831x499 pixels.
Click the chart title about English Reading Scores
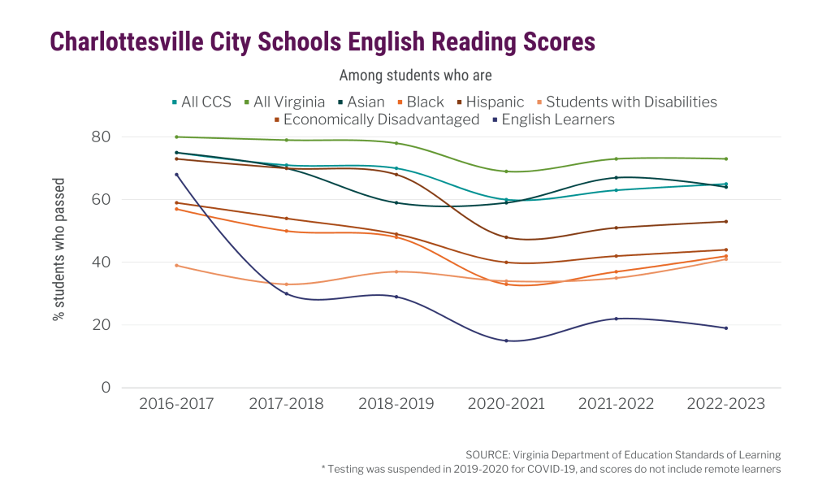[x=322, y=41]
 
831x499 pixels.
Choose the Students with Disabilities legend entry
[x=625, y=102]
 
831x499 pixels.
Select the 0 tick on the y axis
[x=105, y=388]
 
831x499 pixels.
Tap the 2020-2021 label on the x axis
[x=506, y=404]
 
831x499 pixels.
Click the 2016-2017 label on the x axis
[x=176, y=404]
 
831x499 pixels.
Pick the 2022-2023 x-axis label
[x=725, y=404]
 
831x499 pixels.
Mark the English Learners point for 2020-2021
[x=506, y=341]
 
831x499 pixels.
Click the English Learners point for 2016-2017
[x=176, y=174]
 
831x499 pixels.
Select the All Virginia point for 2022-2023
[x=725, y=158]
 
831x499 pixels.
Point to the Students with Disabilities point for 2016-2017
[x=176, y=265]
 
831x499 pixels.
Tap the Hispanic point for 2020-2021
[x=506, y=237]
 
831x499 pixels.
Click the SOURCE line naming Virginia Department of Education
[x=623, y=454]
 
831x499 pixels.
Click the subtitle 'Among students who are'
[x=415, y=76]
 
